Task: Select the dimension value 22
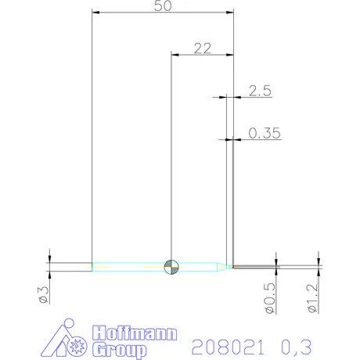(203, 48)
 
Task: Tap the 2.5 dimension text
(259, 91)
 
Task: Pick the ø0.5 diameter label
(271, 301)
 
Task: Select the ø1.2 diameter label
(313, 301)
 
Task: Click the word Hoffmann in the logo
(135, 332)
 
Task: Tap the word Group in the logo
(118, 349)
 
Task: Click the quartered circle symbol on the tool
(171, 267)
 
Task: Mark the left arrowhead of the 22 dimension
(175, 55)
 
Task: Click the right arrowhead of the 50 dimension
(231, 13)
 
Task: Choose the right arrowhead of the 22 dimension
(231, 55)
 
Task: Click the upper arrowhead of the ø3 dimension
(49, 259)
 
